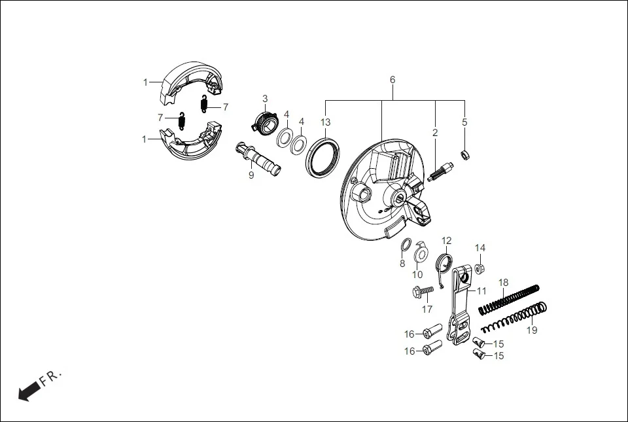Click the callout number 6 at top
pyautogui.click(x=392, y=79)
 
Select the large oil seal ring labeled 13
pyautogui.click(x=324, y=156)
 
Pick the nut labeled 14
pyautogui.click(x=480, y=268)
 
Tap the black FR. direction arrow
pyautogui.click(x=28, y=392)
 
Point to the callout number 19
pyautogui.click(x=532, y=330)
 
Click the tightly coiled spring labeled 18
pyautogui.click(x=509, y=298)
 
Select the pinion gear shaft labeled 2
pyautogui.click(x=439, y=171)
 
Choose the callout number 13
pyautogui.click(x=325, y=122)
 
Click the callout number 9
pyautogui.click(x=251, y=175)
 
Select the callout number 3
pyautogui.click(x=265, y=99)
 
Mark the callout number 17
pyautogui.click(x=427, y=309)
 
